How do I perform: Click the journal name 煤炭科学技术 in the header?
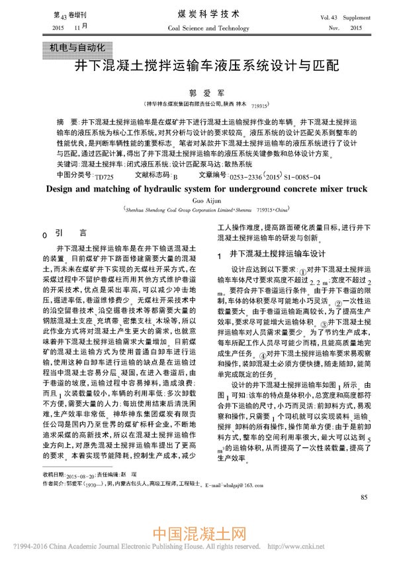[199, 13]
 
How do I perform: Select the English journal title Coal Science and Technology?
[199, 28]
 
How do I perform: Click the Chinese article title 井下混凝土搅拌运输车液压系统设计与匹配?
[198, 67]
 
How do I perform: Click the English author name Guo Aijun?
[199, 199]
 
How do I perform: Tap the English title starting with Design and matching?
[198, 188]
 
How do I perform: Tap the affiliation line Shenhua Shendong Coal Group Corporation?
[185, 209]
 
